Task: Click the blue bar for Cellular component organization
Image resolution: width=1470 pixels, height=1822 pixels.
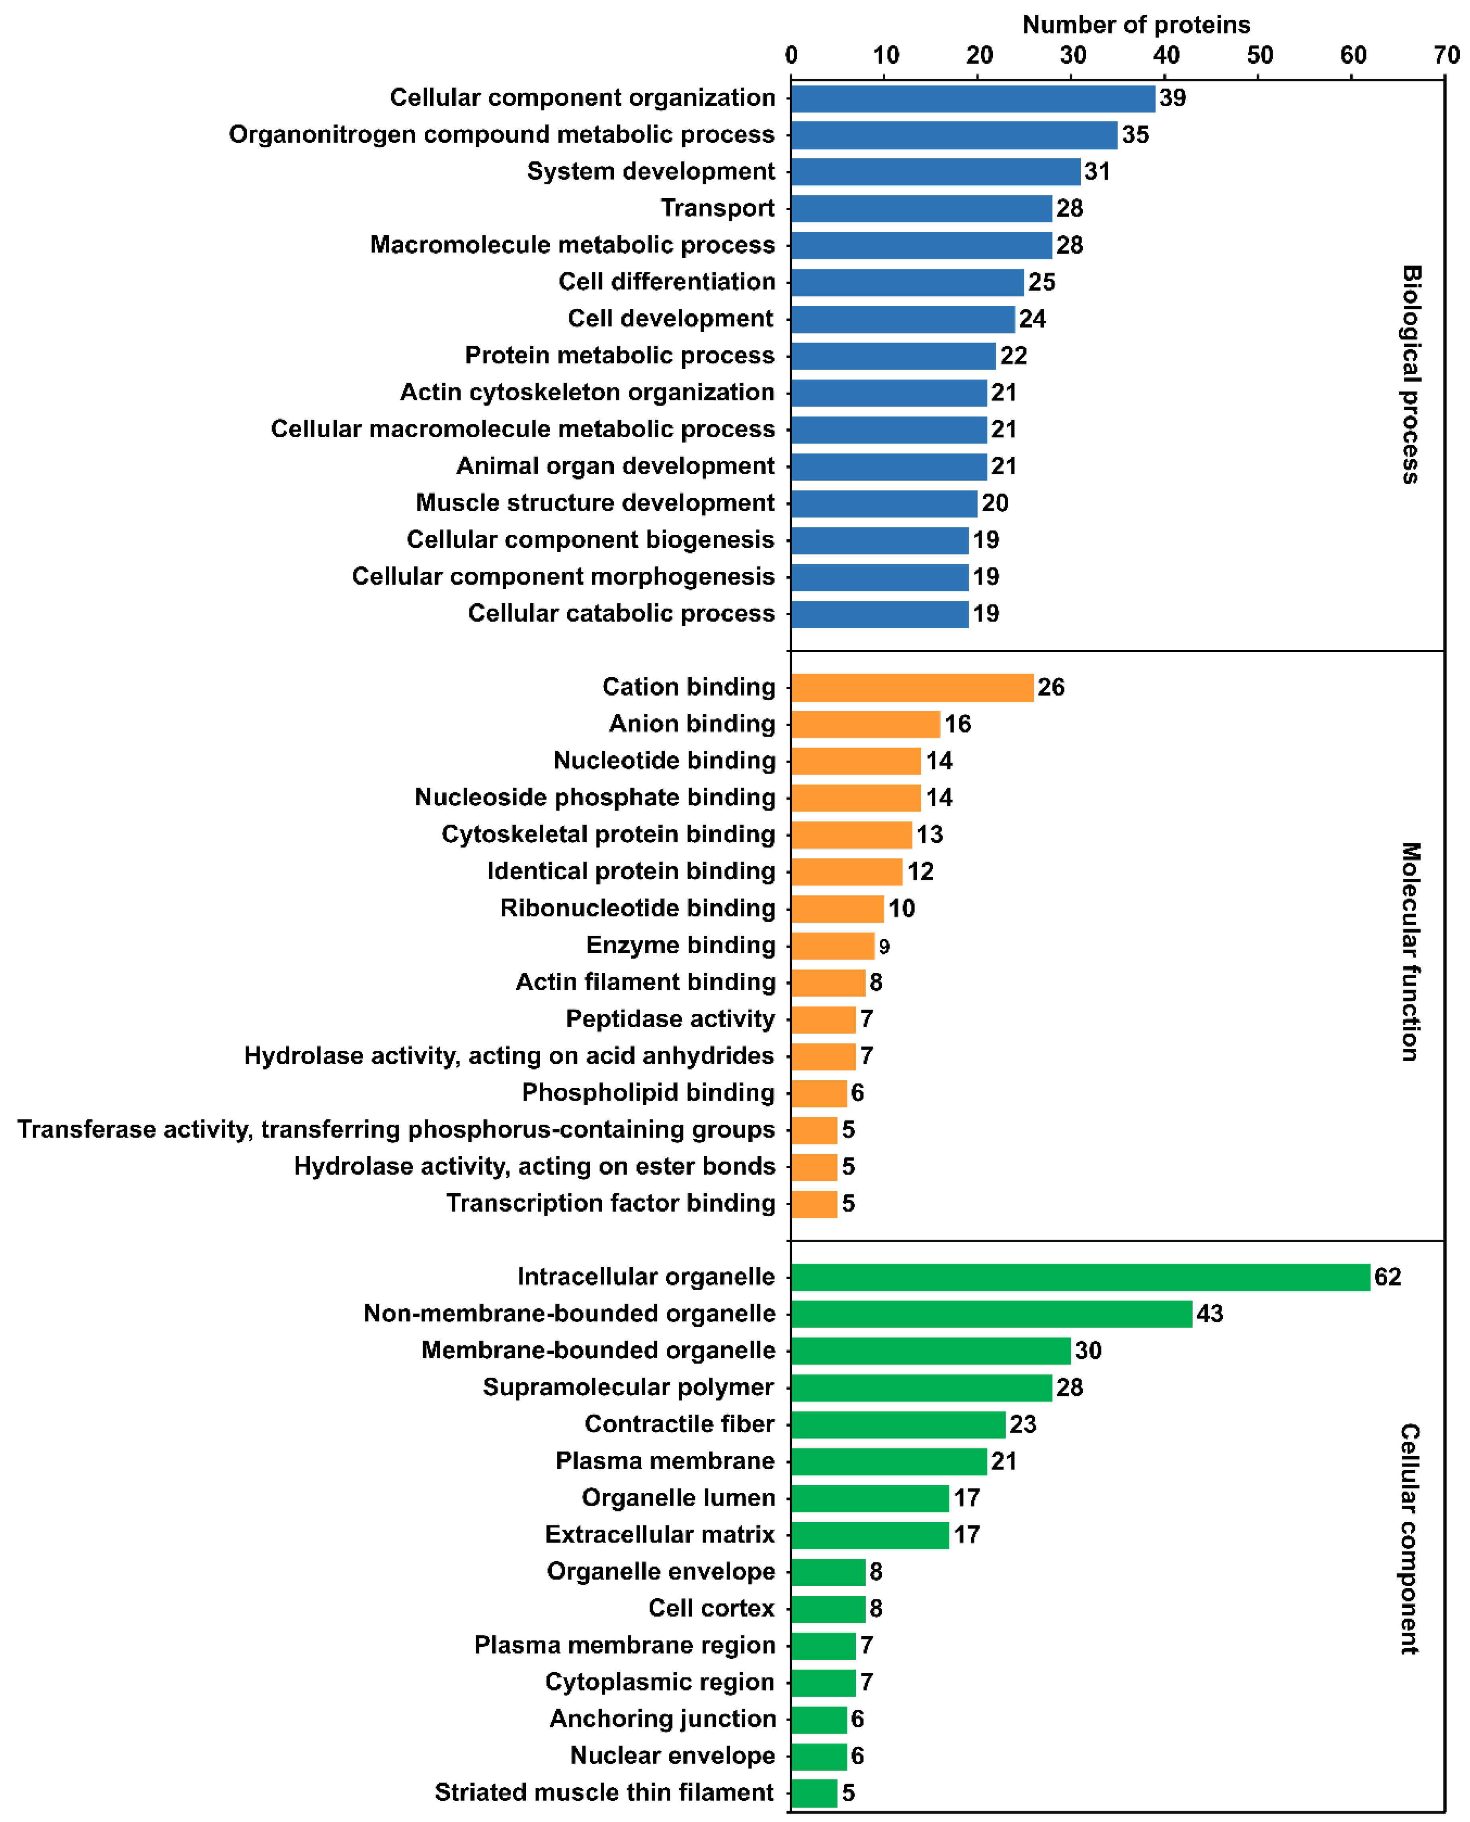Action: (972, 98)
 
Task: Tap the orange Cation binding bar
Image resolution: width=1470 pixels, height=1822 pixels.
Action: (912, 687)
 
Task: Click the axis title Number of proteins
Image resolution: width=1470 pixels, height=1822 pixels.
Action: (1136, 25)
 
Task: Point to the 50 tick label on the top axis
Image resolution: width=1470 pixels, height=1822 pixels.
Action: (1259, 55)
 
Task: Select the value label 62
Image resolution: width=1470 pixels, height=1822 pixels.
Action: (1387, 1277)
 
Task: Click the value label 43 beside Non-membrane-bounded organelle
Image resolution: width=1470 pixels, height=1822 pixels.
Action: (1209, 1314)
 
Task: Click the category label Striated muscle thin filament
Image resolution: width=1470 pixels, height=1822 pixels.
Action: (604, 1793)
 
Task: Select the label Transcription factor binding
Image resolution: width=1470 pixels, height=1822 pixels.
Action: (611, 1203)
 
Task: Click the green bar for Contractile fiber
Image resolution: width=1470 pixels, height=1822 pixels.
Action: (898, 1424)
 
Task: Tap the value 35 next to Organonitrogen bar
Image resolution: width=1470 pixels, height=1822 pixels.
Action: (1136, 135)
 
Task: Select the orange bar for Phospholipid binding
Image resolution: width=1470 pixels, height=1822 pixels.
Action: (818, 1093)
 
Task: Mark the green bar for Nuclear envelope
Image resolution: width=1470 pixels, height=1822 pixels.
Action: (818, 1755)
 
